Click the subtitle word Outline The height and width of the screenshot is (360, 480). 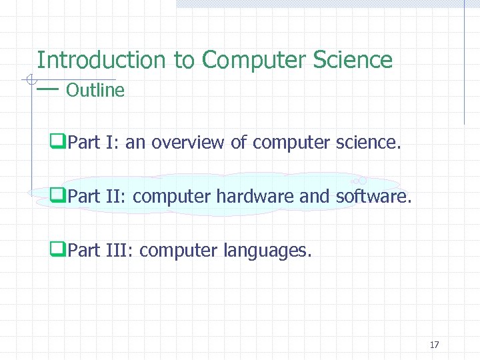point(95,90)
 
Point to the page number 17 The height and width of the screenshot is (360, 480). point(434,345)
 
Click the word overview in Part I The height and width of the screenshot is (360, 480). point(188,142)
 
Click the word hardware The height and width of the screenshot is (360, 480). point(249,197)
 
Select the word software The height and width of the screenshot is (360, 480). point(373,197)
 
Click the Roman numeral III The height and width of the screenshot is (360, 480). point(117,251)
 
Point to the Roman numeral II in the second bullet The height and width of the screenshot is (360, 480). point(113,197)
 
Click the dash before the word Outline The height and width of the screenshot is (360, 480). point(48,89)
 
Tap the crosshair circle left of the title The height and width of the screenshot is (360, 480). point(31,81)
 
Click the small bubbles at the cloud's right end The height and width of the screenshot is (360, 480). point(359,180)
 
